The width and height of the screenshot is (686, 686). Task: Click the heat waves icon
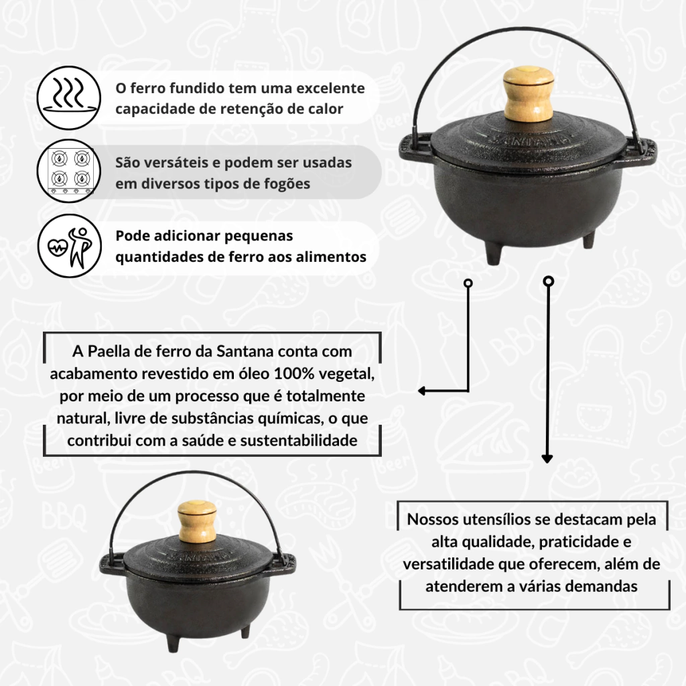click(69, 98)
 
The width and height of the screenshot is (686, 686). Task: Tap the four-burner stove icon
click(69, 171)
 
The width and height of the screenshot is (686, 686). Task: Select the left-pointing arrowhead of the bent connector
click(422, 391)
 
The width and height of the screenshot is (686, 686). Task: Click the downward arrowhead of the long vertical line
click(547, 458)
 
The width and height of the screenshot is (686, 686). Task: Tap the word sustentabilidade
click(299, 440)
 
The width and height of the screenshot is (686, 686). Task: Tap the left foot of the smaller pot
click(173, 642)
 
